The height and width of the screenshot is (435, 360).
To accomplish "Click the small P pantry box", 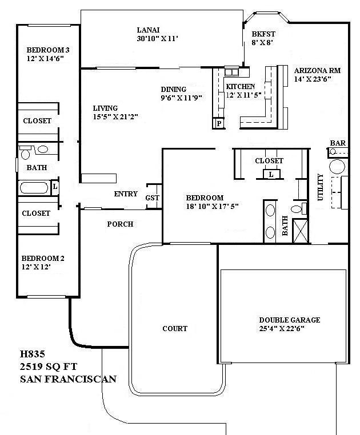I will (x=218, y=123).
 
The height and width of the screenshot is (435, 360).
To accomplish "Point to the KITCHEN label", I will (x=240, y=86).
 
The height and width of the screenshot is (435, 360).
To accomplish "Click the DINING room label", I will (x=173, y=89).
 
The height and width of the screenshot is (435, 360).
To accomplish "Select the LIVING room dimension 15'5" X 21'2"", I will (x=115, y=116).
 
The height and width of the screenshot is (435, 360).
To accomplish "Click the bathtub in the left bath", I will (x=34, y=188).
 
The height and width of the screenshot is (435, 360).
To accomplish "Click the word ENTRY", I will (x=126, y=194).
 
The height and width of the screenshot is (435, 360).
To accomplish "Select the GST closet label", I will (x=152, y=198).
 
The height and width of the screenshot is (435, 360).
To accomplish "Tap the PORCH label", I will (x=120, y=224).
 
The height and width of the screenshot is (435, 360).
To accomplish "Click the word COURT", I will (x=175, y=328).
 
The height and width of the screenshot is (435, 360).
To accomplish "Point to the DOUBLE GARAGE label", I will (x=289, y=320).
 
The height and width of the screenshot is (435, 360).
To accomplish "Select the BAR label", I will (x=337, y=143).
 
